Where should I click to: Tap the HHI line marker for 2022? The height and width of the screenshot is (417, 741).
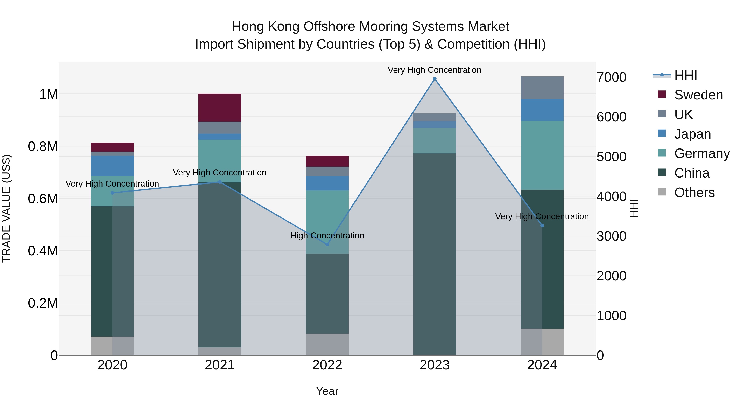click(x=327, y=244)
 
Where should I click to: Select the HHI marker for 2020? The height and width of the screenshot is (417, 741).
click(x=112, y=193)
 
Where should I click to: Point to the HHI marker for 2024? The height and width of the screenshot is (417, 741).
click(x=542, y=226)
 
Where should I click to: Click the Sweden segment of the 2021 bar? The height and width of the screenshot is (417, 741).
click(x=220, y=108)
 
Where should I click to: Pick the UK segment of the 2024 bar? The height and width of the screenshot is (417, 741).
click(x=542, y=88)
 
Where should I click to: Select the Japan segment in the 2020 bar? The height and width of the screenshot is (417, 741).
click(x=112, y=166)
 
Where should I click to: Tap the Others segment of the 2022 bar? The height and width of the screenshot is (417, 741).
click(x=327, y=344)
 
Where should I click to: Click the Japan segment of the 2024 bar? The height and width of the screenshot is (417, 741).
click(x=542, y=110)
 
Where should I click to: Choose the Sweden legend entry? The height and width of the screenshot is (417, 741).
click(x=698, y=95)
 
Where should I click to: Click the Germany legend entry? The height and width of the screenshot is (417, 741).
click(x=702, y=153)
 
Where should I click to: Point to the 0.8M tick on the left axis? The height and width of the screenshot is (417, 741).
click(x=43, y=146)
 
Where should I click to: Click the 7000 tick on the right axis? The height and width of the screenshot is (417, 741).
click(x=611, y=77)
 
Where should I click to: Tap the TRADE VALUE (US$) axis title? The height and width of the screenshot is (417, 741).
click(x=6, y=208)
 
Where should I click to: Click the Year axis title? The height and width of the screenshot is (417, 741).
click(x=327, y=391)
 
